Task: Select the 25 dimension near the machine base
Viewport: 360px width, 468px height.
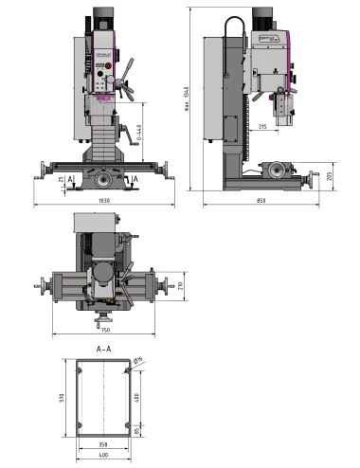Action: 59,179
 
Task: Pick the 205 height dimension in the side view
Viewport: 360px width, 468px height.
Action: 329,175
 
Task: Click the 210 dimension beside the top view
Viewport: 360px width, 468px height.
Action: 179,285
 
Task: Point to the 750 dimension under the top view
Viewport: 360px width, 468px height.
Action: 103,330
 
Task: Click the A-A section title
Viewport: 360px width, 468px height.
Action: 104,349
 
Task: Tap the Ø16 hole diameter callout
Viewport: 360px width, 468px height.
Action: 137,361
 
